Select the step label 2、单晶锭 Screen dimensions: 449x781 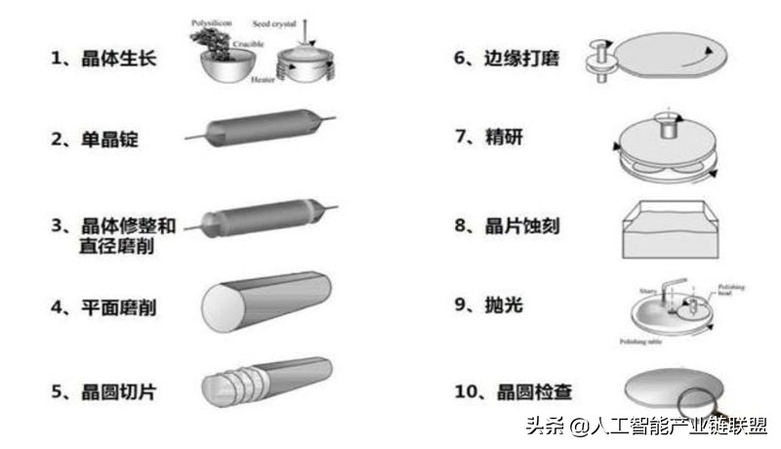pos(95,139)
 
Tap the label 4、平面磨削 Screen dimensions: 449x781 pos(103,307)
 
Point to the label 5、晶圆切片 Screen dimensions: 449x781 pos(103,392)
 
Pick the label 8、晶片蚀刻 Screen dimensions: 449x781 pos(507,225)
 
